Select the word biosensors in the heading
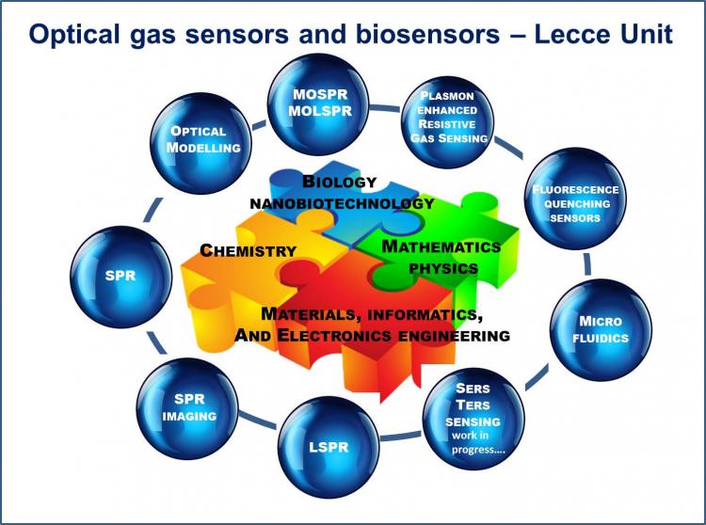(x=427, y=34)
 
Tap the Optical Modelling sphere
(x=201, y=144)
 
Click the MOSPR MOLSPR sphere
(x=318, y=104)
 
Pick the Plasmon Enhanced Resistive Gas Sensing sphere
(x=447, y=121)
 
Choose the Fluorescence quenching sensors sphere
(x=575, y=199)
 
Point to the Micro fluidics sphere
(x=601, y=329)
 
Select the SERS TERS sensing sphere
(x=473, y=419)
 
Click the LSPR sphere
(x=329, y=447)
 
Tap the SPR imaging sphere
(x=187, y=408)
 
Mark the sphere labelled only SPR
(x=120, y=277)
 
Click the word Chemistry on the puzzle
(x=249, y=250)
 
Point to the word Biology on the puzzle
(x=340, y=182)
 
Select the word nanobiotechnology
(x=343, y=203)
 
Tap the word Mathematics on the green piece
(x=441, y=247)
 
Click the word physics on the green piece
(x=443, y=268)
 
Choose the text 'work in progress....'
(x=478, y=442)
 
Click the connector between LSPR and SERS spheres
(x=401, y=436)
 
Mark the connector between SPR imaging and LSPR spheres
(x=258, y=421)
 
